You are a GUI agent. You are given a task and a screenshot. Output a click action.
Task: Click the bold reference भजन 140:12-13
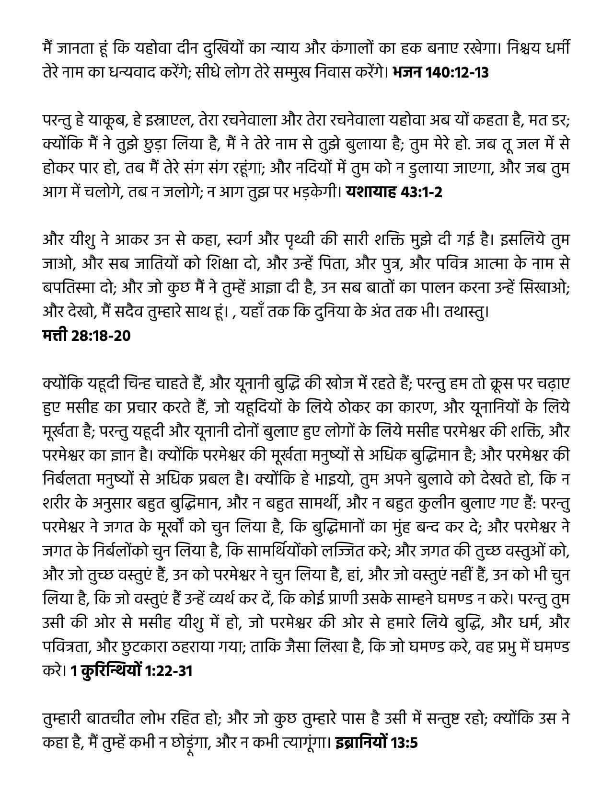(440, 73)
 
